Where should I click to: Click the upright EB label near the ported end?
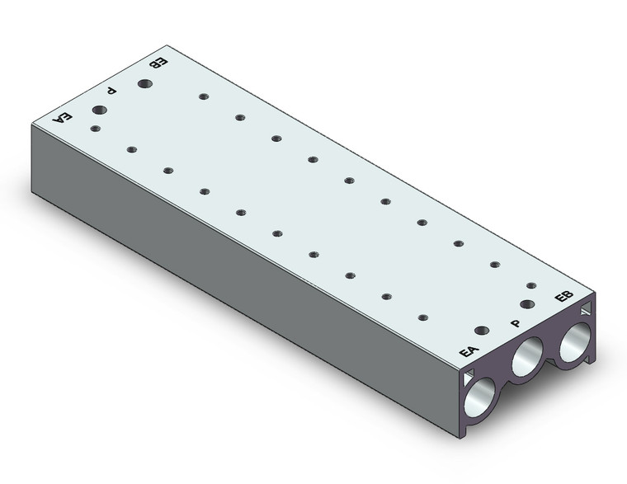[563, 296]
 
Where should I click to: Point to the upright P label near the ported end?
[516, 323]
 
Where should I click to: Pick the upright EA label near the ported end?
[469, 351]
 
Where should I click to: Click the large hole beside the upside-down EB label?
[144, 84]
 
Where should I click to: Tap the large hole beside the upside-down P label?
[99, 110]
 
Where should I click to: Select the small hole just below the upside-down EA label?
[95, 129]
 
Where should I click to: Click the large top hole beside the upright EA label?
[483, 331]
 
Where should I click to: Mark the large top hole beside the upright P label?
[527, 304]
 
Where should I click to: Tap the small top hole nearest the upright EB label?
[531, 285]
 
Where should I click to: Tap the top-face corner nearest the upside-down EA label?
[31, 125]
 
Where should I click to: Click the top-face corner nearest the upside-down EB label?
[167, 45]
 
